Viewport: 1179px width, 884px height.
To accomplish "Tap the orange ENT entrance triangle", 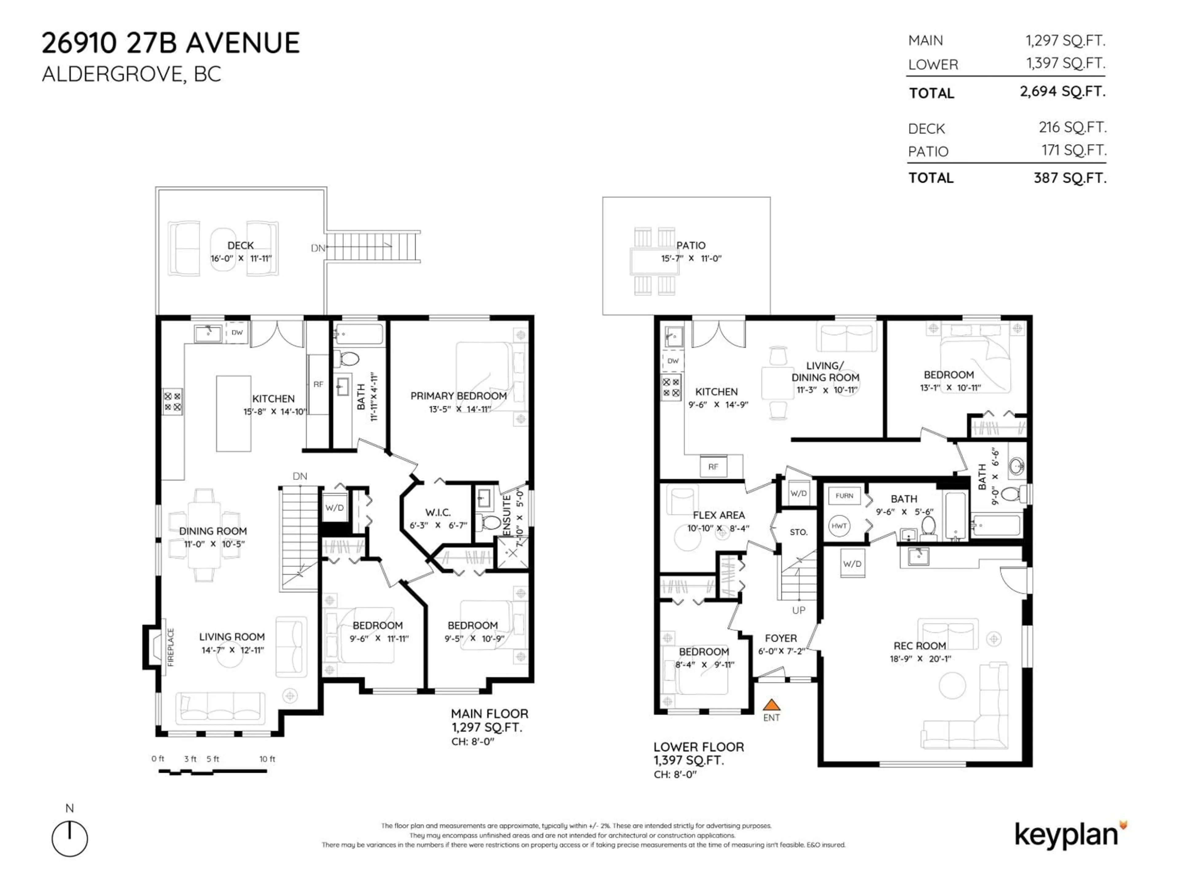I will click(x=771, y=705).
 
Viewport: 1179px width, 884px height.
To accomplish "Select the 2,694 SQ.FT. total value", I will click(x=1062, y=92).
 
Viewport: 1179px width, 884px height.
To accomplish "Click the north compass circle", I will click(x=70, y=839).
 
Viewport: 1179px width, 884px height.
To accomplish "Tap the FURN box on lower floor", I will click(x=844, y=495).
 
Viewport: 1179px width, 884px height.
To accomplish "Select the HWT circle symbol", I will click(x=839, y=526).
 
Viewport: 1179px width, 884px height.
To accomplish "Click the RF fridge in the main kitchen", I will click(x=318, y=384).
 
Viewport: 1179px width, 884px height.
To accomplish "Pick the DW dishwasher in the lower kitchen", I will click(x=673, y=361).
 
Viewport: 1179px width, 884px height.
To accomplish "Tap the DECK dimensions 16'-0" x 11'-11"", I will click(x=241, y=258).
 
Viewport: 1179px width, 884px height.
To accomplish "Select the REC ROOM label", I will click(x=920, y=646).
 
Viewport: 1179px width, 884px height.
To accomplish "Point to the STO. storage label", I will click(x=799, y=532).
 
